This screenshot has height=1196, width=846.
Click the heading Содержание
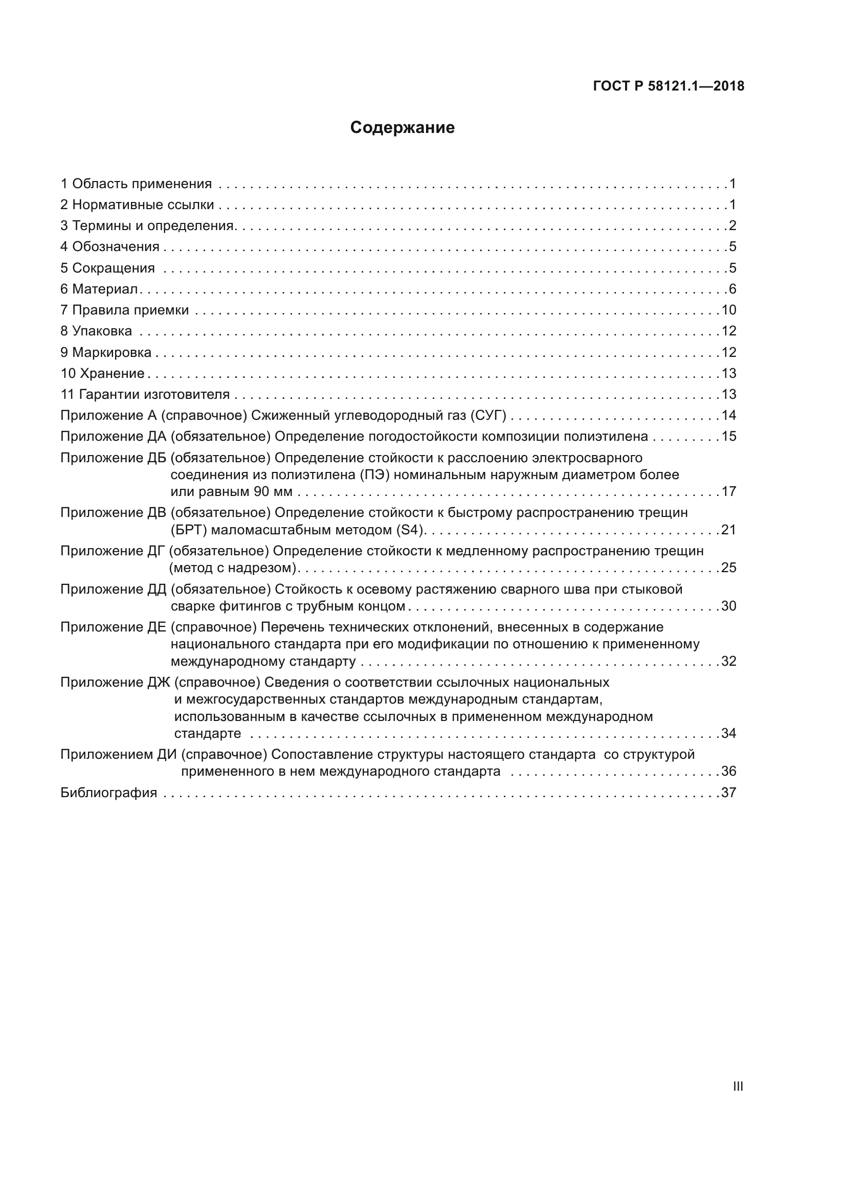tap(402, 128)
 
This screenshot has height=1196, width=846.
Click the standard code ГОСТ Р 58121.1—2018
tap(669, 86)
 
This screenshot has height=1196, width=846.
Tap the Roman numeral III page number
tap(738, 1087)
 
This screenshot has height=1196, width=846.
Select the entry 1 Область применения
tap(136, 184)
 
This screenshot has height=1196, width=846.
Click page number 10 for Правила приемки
tap(729, 310)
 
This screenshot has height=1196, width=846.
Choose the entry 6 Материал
tap(99, 289)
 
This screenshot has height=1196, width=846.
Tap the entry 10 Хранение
tap(102, 373)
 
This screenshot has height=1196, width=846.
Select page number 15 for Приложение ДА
tap(729, 437)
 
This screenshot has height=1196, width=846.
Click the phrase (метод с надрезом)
tap(233, 568)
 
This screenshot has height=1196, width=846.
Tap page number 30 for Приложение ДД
tap(729, 606)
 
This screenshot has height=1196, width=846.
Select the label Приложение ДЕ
tap(113, 627)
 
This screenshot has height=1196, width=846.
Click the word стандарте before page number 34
tap(207, 733)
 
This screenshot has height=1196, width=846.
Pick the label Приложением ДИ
tap(118, 755)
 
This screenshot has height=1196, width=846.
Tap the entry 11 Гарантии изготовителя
tap(145, 394)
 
